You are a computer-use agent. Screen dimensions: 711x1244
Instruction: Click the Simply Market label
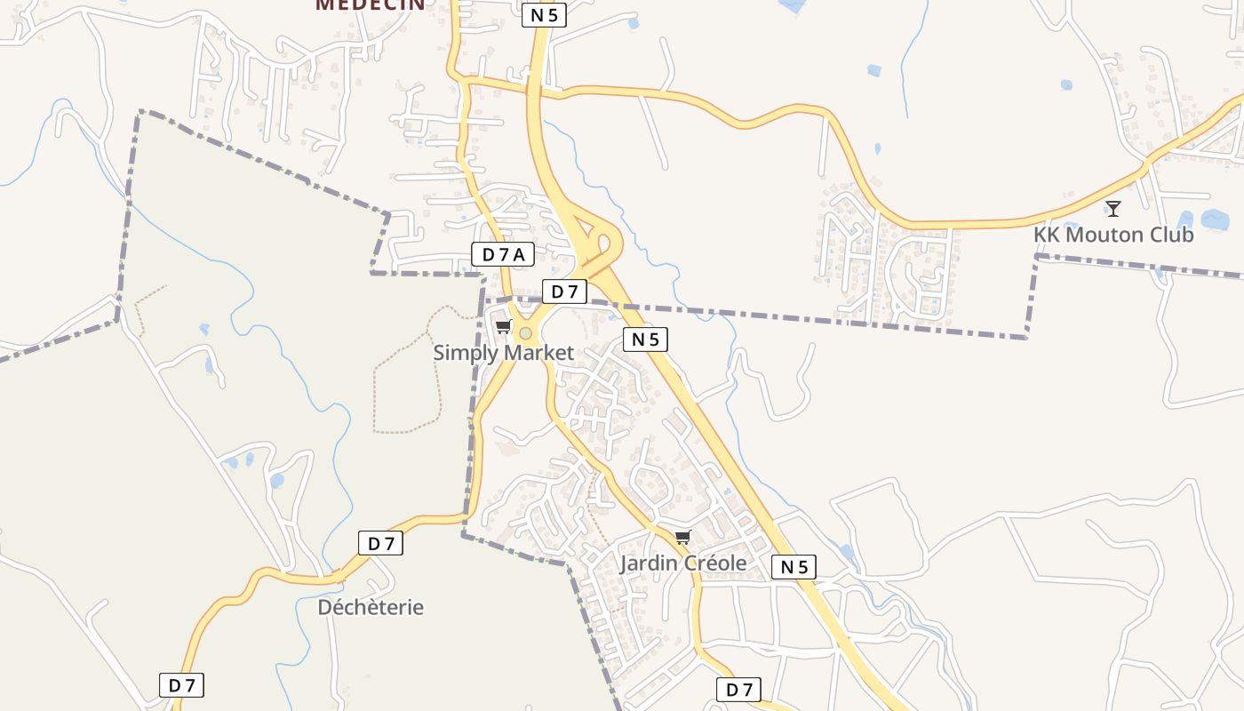(503, 353)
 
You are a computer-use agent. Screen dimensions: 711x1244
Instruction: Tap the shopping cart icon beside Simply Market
(504, 327)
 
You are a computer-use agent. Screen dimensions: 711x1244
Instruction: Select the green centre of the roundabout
(525, 333)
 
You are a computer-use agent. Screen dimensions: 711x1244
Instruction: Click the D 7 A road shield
(503, 255)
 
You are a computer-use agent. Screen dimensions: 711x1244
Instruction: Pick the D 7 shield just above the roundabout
(564, 292)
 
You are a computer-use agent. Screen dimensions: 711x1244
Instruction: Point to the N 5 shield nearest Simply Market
(645, 339)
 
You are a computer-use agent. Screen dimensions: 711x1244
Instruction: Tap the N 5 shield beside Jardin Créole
(793, 567)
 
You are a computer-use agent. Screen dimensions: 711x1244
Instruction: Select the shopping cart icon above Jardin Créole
(683, 537)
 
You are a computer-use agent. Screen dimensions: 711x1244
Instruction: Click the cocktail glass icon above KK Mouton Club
(1112, 209)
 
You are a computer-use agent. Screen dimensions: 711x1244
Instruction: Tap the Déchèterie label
(371, 608)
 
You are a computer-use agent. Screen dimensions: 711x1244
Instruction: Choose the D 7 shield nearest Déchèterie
(380, 543)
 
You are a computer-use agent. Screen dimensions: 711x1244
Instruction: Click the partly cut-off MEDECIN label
(370, 4)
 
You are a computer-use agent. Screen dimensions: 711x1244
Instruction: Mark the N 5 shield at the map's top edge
(544, 15)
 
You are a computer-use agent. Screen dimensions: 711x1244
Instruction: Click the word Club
(1173, 236)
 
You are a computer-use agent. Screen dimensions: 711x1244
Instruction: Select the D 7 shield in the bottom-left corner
(181, 685)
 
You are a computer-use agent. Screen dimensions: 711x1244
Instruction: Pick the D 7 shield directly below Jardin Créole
(738, 690)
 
